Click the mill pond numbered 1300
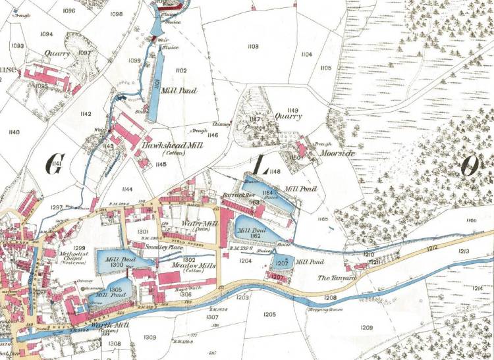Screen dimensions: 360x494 pyautogui.click(x=117, y=261)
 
